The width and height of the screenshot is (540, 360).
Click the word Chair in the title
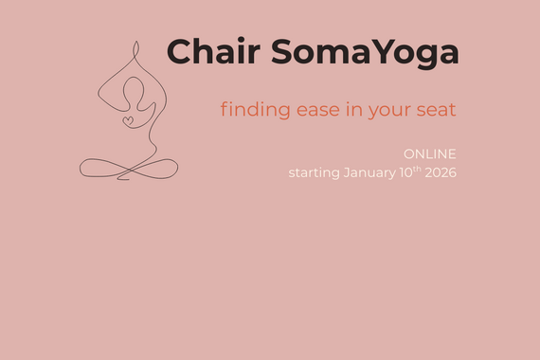(x=215, y=52)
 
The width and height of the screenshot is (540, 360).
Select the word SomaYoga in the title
(x=365, y=54)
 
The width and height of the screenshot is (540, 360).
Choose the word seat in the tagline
(x=437, y=110)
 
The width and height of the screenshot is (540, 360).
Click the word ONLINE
(x=429, y=153)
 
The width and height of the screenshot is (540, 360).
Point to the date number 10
(x=406, y=172)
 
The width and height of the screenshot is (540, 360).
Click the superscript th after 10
(x=418, y=169)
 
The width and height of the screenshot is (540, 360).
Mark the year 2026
(x=441, y=172)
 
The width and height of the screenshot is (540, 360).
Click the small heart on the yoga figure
(x=128, y=120)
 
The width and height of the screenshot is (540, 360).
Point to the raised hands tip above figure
(x=135, y=47)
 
